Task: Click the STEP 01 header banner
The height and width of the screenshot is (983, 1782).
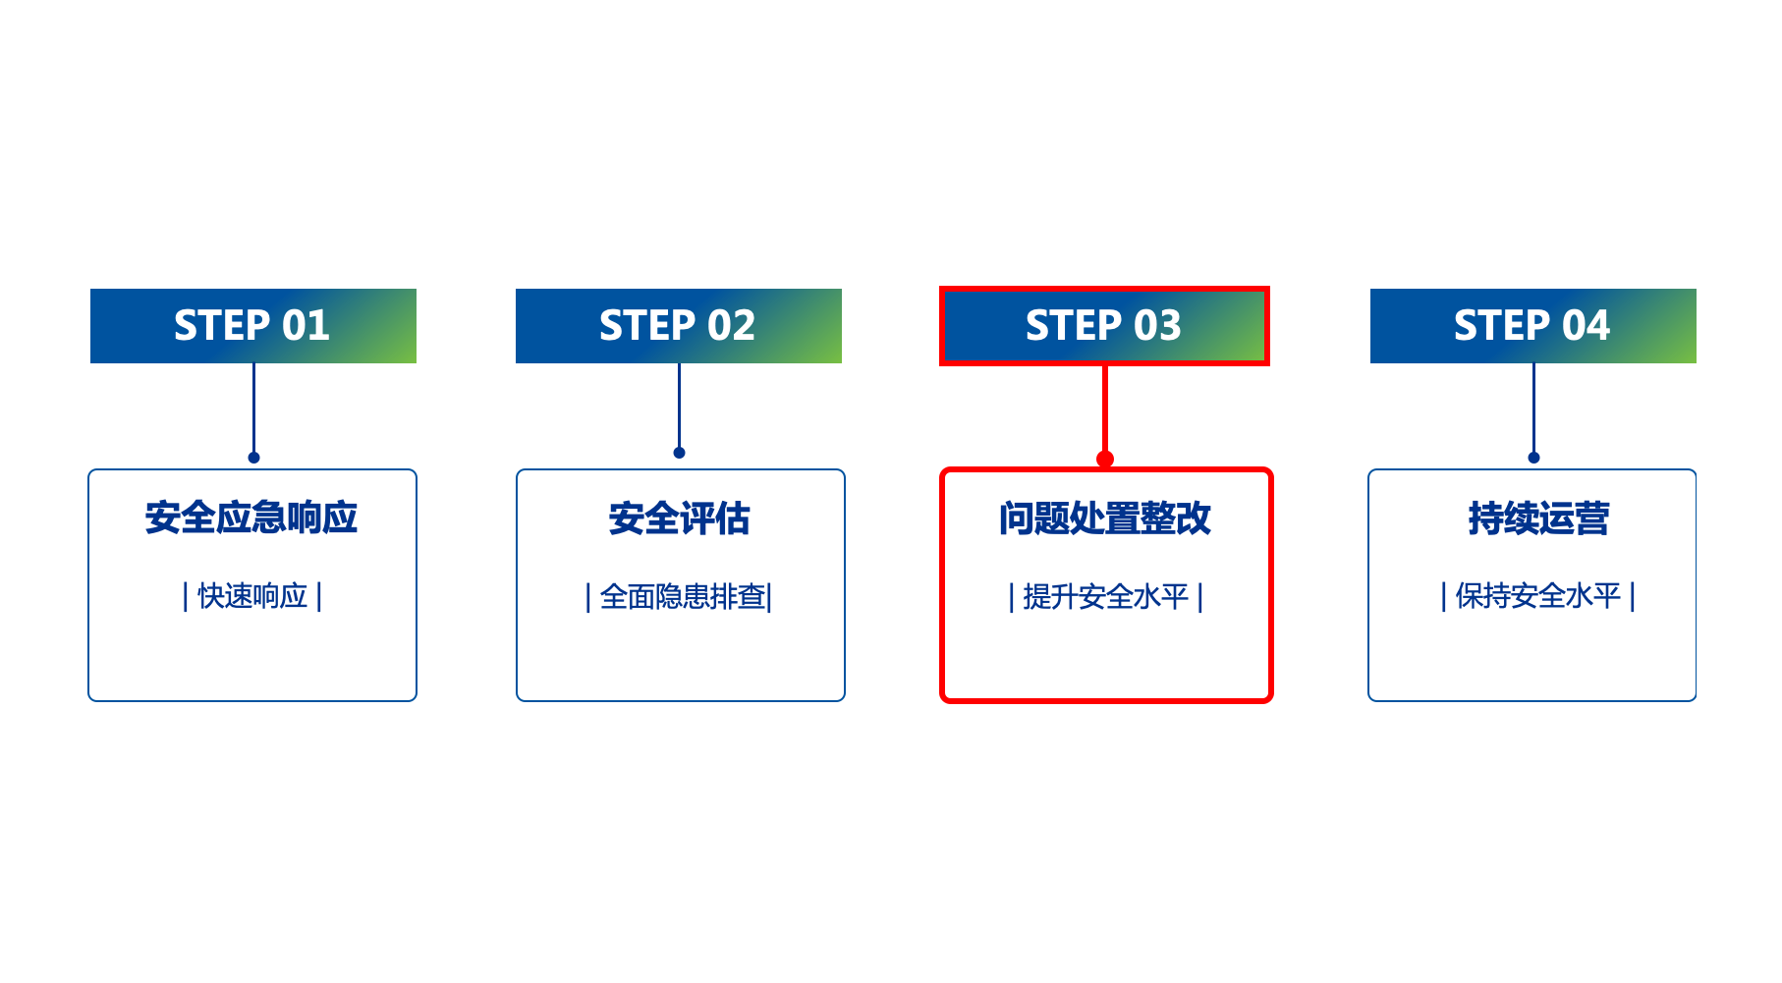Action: (x=252, y=326)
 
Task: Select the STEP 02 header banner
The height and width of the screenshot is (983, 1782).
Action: (x=678, y=326)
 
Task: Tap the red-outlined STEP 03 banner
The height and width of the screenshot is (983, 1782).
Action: (x=1104, y=326)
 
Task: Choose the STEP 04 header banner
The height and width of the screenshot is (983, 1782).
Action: (x=1532, y=326)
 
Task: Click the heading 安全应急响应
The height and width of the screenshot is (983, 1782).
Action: (x=251, y=518)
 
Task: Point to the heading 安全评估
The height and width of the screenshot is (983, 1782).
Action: (x=679, y=519)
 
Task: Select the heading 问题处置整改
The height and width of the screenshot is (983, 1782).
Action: (x=1105, y=519)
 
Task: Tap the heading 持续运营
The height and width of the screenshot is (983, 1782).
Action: (x=1538, y=519)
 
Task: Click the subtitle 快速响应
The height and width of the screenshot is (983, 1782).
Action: (x=252, y=596)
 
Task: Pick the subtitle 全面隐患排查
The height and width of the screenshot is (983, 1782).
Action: (x=680, y=597)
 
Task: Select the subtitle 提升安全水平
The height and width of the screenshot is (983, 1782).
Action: (x=1106, y=597)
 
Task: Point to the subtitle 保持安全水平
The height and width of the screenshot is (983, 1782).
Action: (x=1538, y=596)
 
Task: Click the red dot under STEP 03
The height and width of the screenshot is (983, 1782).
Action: (x=1105, y=459)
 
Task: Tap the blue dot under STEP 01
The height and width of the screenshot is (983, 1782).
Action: (x=253, y=458)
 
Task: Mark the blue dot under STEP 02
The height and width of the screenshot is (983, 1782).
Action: (x=679, y=453)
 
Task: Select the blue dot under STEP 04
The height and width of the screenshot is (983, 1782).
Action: (x=1533, y=458)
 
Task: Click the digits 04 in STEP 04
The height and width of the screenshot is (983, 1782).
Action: (x=1586, y=326)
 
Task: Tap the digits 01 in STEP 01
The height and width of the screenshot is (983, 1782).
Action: (x=306, y=326)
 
